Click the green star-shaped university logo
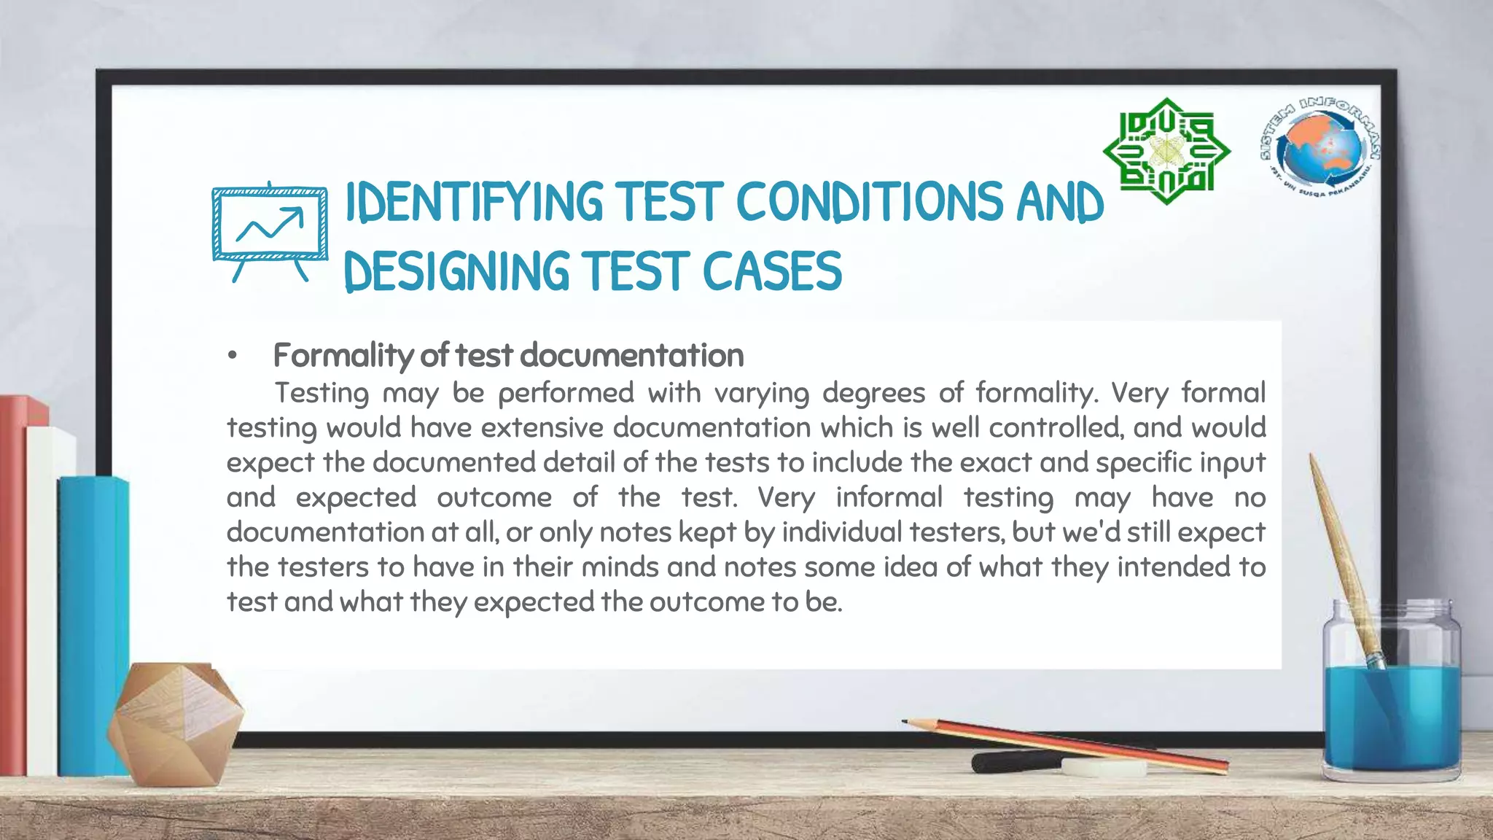point(1166,152)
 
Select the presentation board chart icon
point(270,230)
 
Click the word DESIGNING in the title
point(456,271)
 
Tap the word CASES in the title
point(772,271)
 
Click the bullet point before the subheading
point(232,357)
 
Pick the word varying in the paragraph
point(761,394)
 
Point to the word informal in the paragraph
point(889,498)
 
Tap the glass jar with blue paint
point(1391,700)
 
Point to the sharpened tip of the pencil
point(906,722)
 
